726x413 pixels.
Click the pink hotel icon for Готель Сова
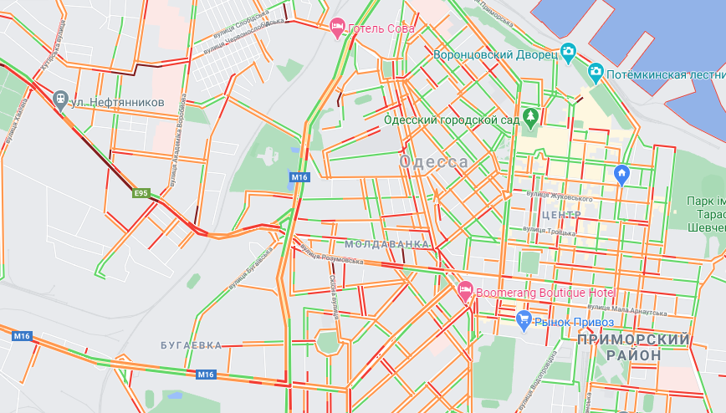coord(337,28)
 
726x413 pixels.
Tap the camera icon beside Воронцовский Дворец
coord(569,54)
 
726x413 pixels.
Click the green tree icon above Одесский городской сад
coord(529,116)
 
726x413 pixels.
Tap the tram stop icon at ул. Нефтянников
coord(60,100)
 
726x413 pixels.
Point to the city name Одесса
coord(434,161)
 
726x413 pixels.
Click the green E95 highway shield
coord(141,193)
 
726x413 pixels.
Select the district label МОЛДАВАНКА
coord(386,243)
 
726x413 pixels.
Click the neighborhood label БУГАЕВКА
coord(192,344)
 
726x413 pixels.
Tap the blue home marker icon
coord(621,174)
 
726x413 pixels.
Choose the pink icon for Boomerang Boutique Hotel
coord(466,293)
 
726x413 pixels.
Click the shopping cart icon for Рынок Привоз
coord(524,319)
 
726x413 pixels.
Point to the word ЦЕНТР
coord(561,215)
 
